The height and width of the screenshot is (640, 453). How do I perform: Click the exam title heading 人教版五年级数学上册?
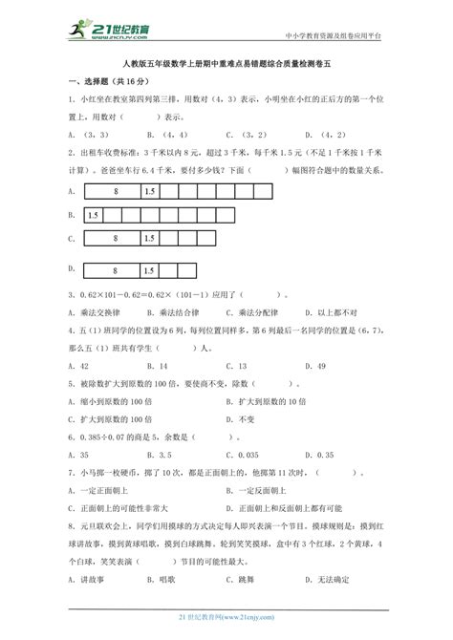(226, 66)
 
